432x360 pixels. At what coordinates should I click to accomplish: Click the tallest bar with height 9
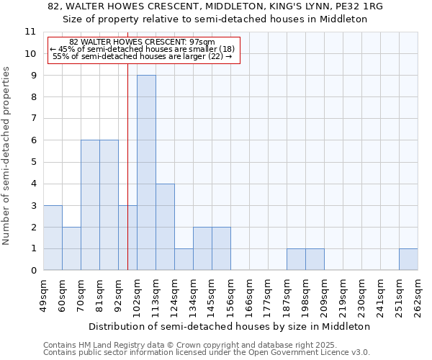click(x=146, y=173)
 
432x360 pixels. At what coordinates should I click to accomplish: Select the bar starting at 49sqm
click(x=53, y=238)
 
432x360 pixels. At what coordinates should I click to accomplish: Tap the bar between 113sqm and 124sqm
click(x=165, y=227)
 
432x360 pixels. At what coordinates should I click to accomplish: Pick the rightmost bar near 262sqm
click(x=408, y=259)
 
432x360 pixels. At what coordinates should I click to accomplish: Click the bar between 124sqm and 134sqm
click(x=184, y=259)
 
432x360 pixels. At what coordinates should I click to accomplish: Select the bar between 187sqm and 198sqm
click(x=296, y=259)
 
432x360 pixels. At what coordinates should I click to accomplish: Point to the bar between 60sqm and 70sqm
click(x=71, y=248)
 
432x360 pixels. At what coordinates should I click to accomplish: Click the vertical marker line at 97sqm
click(x=127, y=166)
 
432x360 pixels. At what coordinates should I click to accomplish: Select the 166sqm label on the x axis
click(x=249, y=295)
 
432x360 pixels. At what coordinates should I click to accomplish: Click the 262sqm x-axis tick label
click(x=418, y=295)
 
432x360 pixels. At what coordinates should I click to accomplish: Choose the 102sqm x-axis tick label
click(x=137, y=295)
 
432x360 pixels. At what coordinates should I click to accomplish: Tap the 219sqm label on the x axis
click(x=343, y=295)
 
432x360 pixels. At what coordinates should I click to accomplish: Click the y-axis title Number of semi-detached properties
click(x=7, y=156)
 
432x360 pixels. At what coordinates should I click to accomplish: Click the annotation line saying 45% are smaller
click(x=142, y=49)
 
